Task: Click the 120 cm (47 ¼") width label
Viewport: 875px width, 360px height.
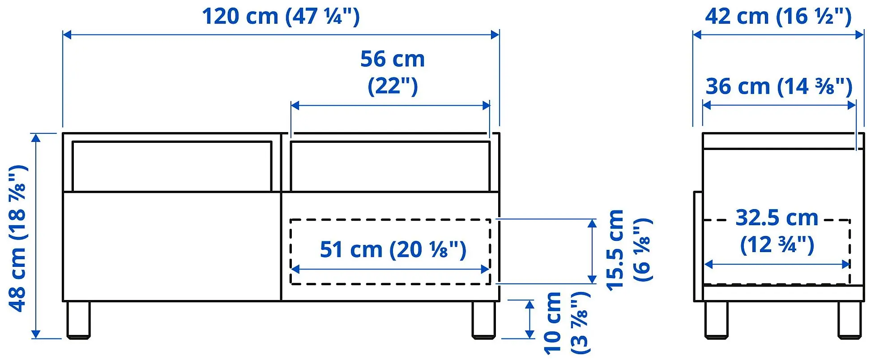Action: (281, 17)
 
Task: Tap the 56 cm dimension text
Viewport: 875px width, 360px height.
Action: (392, 59)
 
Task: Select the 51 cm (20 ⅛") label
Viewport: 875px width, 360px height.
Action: (393, 250)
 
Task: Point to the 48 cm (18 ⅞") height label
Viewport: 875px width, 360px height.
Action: (18, 238)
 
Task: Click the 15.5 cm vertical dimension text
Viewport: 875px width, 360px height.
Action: (615, 250)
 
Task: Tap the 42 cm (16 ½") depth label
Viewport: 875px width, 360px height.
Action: (778, 17)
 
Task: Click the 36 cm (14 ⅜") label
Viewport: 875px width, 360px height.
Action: (779, 86)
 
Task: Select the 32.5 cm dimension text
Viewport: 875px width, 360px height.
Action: (777, 218)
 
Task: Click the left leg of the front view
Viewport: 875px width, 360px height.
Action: (78, 319)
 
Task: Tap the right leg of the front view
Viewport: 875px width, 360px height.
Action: (483, 319)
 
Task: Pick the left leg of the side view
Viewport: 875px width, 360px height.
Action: (716, 319)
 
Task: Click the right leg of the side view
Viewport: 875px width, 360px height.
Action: (849, 319)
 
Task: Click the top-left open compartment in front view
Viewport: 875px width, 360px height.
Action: (172, 167)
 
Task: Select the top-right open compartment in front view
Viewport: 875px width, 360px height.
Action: (390, 167)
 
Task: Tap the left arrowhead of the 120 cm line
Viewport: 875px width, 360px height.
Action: (67, 35)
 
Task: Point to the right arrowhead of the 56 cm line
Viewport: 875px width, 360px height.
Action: (487, 106)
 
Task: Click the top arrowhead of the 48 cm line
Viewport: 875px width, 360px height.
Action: (36, 137)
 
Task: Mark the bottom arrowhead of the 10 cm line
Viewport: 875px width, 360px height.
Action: (529, 334)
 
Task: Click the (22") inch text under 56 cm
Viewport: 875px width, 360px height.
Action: (392, 86)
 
